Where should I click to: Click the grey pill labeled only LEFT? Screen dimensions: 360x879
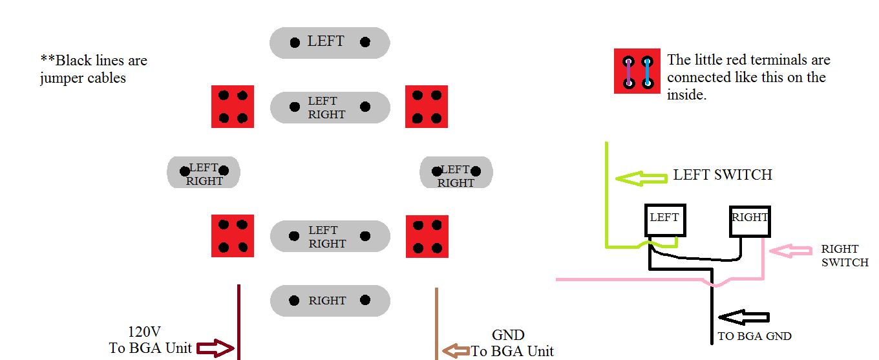coord(330,43)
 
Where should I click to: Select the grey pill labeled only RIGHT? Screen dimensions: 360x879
coord(330,301)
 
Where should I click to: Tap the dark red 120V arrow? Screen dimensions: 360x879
coord(214,349)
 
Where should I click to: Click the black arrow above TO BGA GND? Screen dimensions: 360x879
coord(744,317)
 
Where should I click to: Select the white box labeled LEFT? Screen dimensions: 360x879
coord(664,220)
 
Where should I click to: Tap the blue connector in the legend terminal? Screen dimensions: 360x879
coord(647,72)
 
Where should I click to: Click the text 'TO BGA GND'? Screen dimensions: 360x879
coord(754,337)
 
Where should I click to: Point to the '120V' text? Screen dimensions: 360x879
coord(143,333)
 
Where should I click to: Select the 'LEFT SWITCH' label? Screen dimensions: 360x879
coord(723,175)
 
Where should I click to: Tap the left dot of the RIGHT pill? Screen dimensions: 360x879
coord(294,301)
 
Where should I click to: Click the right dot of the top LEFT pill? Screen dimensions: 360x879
coord(365,43)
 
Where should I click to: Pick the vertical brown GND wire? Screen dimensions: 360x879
coord(437,323)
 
